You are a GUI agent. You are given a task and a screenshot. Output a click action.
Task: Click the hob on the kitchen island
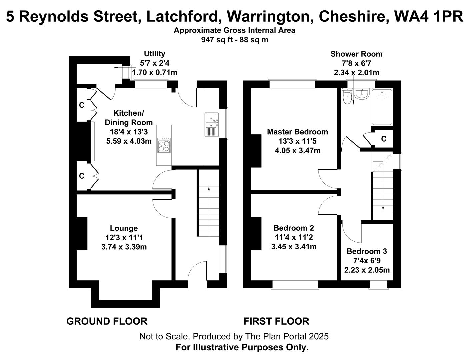[x=164, y=145]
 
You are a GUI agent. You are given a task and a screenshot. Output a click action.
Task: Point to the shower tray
[x=382, y=107]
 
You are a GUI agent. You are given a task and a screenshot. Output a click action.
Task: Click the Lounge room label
[x=124, y=228]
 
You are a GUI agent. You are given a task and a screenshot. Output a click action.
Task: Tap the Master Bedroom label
[x=297, y=132]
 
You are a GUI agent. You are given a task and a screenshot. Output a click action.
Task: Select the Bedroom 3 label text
[x=367, y=251]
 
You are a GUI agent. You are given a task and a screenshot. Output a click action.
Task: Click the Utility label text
[x=154, y=54]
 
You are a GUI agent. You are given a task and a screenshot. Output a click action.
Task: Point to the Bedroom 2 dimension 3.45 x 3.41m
[x=294, y=247]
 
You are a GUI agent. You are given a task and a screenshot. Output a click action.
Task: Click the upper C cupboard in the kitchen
[x=82, y=105]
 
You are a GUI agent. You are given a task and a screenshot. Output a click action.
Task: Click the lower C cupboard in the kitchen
[x=82, y=176]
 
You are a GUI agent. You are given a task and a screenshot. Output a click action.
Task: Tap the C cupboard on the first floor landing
[x=384, y=139]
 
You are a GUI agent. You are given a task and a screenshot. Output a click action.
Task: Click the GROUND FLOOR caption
[x=107, y=321]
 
